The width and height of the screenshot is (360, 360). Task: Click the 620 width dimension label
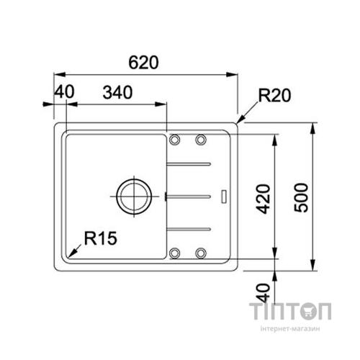(x=143, y=63)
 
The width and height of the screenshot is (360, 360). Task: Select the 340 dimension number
(x=117, y=93)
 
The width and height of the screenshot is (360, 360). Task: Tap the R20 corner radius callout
(x=274, y=96)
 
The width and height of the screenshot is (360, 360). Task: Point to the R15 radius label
(x=101, y=238)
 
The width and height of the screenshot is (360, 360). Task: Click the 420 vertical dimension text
(x=263, y=199)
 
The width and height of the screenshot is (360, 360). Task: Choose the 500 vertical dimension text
(x=301, y=197)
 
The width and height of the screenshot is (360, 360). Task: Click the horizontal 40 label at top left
(x=64, y=91)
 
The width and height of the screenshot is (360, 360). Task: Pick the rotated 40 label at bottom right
(x=263, y=293)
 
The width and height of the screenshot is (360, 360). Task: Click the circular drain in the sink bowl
(x=134, y=197)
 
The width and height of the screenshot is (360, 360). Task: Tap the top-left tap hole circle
(x=175, y=139)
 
